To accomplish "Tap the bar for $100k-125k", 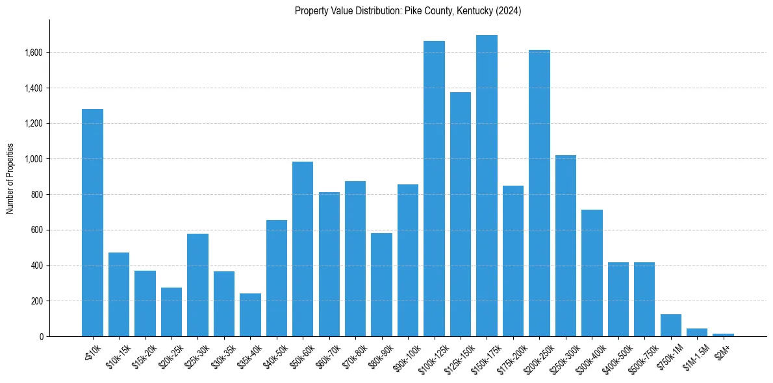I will tap(434, 188).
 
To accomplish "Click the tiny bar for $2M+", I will tap(723, 335).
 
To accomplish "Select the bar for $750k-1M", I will tap(670, 325).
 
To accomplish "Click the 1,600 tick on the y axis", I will tap(34, 53).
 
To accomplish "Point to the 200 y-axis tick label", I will tap(38, 301).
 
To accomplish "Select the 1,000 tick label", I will tap(34, 159).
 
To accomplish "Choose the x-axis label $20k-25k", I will tap(170, 356).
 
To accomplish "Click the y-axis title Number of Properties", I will tap(10, 178).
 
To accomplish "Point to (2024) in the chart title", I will tap(509, 11).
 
